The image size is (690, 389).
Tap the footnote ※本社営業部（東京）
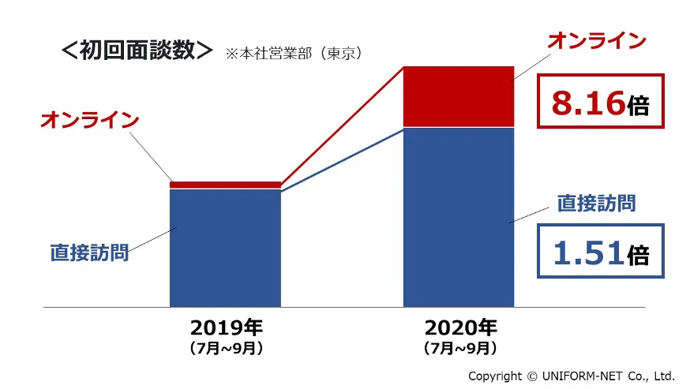click(293, 54)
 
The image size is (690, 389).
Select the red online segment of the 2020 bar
click(458, 96)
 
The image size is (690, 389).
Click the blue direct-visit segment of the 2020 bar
click(458, 217)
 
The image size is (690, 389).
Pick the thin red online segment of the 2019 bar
click(225, 185)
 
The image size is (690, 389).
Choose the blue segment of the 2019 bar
click(225, 248)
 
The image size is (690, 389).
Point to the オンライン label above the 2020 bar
click(597, 41)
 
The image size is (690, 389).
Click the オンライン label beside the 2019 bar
click(89, 121)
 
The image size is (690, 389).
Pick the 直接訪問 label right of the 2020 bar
click(596, 203)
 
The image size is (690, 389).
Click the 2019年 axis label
click(226, 327)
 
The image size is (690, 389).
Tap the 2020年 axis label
click(459, 327)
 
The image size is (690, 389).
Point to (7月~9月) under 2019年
click(226, 347)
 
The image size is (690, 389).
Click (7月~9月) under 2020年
click(459, 347)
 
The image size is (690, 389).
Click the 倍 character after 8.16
click(638, 105)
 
